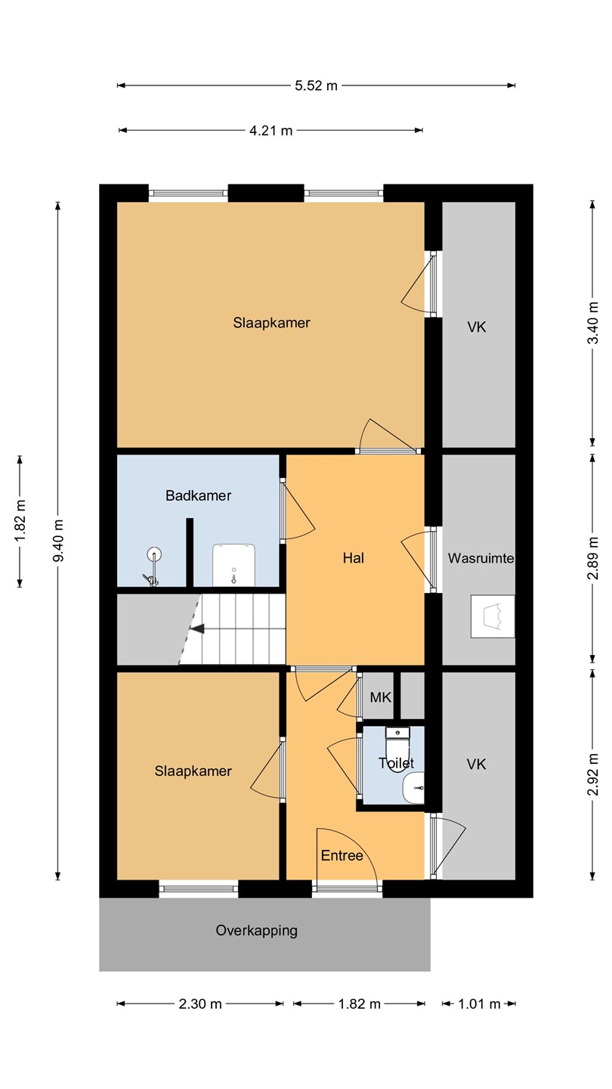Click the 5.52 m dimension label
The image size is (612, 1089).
tap(316, 85)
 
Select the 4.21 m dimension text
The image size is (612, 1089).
tap(270, 130)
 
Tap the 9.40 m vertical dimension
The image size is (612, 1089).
tap(57, 540)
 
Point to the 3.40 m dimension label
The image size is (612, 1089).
tap(592, 323)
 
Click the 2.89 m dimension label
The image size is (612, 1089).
tap(592, 559)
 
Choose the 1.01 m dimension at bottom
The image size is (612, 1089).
tap(479, 1004)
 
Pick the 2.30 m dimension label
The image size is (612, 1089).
tap(200, 1004)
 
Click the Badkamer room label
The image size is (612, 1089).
tap(198, 495)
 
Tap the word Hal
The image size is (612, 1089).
tap(353, 557)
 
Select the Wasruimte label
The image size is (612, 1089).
tap(481, 557)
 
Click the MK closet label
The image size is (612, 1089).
tap(380, 697)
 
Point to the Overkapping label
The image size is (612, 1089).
tap(256, 930)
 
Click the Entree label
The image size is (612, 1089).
tap(342, 855)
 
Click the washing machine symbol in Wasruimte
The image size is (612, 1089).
tap(493, 616)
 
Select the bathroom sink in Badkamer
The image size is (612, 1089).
tap(234, 565)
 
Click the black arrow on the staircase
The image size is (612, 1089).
tap(196, 629)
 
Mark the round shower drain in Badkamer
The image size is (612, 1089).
tap(154, 554)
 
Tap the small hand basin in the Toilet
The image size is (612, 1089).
tap(414, 787)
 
